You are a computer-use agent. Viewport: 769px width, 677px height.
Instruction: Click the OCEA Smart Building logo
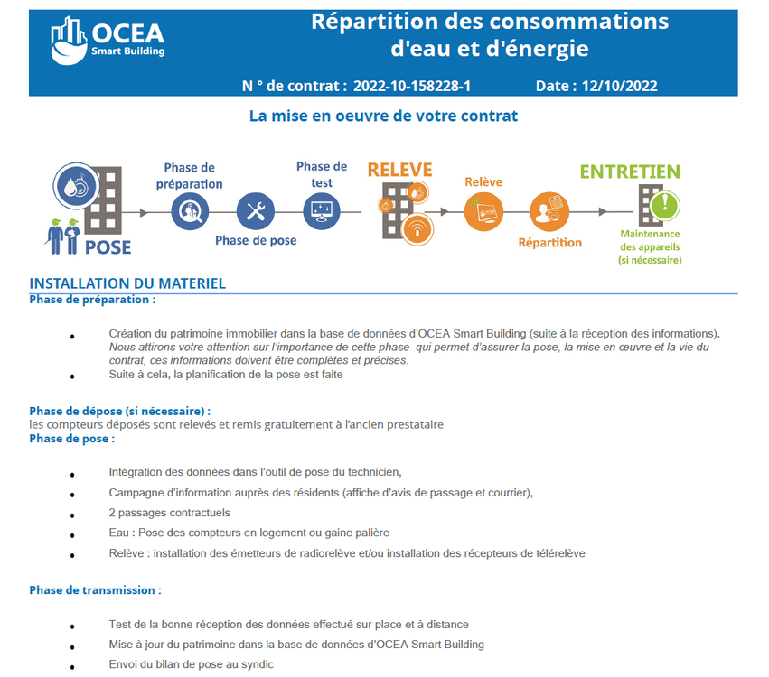click(x=108, y=42)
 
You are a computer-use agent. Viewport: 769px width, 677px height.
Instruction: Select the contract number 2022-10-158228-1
click(x=411, y=87)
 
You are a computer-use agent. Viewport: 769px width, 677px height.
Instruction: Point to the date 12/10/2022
click(x=620, y=87)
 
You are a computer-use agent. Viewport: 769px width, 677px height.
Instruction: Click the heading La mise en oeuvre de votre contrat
click(x=383, y=116)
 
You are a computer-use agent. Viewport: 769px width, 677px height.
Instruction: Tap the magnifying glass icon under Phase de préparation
click(x=189, y=212)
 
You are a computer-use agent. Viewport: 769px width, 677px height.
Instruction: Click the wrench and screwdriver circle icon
click(x=255, y=212)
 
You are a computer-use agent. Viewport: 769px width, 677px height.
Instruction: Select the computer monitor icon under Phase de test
click(x=321, y=212)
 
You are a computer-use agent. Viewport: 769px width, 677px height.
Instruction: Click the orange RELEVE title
click(x=399, y=171)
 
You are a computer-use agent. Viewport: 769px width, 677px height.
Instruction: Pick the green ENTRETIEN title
click(x=630, y=172)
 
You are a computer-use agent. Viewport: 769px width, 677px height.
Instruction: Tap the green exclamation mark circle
click(x=665, y=204)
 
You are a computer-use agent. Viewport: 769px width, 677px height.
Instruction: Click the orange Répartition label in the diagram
click(x=549, y=243)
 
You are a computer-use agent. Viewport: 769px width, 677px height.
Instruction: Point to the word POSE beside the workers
click(x=108, y=246)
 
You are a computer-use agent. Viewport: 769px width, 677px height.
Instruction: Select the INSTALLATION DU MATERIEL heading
click(x=127, y=283)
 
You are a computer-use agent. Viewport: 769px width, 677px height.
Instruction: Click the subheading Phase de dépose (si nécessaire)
click(x=119, y=411)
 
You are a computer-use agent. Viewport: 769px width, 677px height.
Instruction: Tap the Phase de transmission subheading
click(x=95, y=590)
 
